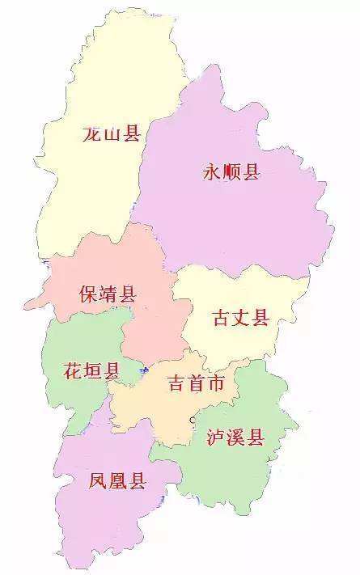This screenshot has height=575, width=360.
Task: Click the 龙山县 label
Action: pyautogui.click(x=112, y=133)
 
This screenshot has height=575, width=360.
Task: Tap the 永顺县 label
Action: pyautogui.click(x=231, y=171)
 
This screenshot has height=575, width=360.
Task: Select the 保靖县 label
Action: pyautogui.click(x=108, y=294)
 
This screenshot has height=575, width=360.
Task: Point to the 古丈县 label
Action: pyautogui.click(x=240, y=317)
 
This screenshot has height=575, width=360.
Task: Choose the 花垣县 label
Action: pyautogui.click(x=91, y=371)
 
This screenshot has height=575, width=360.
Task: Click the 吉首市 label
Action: pyautogui.click(x=196, y=383)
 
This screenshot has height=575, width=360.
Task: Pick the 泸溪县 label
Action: pyautogui.click(x=235, y=438)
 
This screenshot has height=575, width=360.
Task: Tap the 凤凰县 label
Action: pyautogui.click(x=117, y=482)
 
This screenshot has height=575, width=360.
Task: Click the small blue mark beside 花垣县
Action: pyautogui.click(x=142, y=372)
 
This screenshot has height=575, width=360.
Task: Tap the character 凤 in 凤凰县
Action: pyautogui.click(x=98, y=482)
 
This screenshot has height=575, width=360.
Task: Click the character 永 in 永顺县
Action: pyautogui.click(x=212, y=171)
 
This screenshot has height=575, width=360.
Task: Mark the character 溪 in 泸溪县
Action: pyautogui.click(x=235, y=438)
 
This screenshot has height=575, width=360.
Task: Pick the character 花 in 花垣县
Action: pyautogui.click(x=72, y=371)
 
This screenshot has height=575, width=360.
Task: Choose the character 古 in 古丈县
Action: pyautogui.click(x=221, y=317)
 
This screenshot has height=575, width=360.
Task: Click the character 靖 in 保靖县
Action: pyautogui.click(x=108, y=294)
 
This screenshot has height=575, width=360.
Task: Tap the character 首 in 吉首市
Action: pyautogui.click(x=196, y=383)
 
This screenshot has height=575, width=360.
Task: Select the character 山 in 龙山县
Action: pyautogui.click(x=112, y=134)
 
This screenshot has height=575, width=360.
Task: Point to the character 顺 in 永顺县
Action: pyautogui.click(x=231, y=171)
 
